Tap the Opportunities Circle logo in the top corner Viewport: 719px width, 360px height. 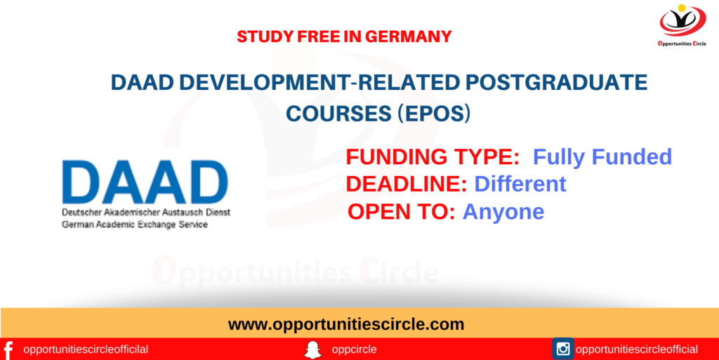[682, 25]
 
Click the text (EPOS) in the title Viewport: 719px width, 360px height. [434, 113]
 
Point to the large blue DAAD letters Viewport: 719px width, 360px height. [145, 182]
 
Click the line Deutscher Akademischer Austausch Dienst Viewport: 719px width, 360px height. [146, 213]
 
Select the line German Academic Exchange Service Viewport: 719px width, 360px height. [135, 225]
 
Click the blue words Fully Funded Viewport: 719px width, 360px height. [602, 157]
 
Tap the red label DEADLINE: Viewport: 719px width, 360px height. [407, 184]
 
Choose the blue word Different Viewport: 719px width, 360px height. [520, 184]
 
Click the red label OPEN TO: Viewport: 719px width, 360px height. [402, 212]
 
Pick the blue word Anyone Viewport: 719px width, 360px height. [503, 213]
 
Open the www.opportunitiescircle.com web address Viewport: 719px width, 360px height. [346, 325]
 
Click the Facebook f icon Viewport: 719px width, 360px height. [8, 349]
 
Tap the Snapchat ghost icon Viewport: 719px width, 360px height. [312, 350]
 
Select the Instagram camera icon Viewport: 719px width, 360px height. [563, 349]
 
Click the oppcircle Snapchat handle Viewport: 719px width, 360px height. [354, 350]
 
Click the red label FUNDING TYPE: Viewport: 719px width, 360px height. [433, 157]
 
